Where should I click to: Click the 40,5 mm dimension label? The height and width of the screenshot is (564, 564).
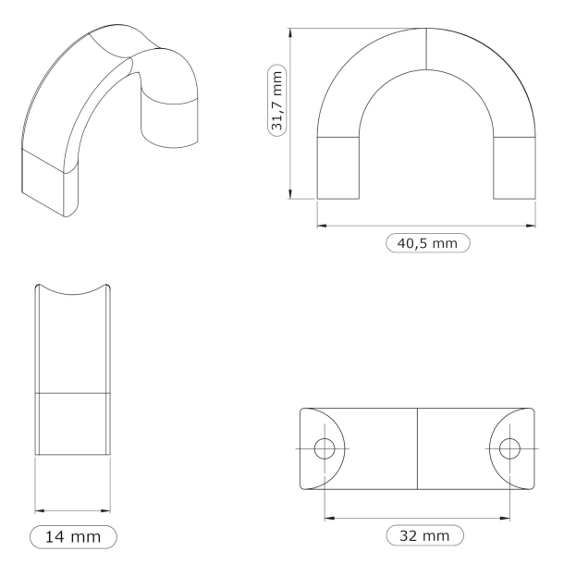tap(426, 243)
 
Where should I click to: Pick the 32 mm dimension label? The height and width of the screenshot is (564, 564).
tap(423, 535)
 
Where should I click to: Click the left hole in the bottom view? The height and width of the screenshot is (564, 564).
tap(324, 448)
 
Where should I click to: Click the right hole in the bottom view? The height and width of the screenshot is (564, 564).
tap(509, 448)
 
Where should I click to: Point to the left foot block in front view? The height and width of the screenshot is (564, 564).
tap(338, 167)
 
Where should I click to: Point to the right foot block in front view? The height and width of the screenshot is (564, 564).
tap(515, 167)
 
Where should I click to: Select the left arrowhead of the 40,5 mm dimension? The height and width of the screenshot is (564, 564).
tap(321, 223)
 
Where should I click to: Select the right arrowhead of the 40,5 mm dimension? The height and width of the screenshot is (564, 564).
tap(533, 223)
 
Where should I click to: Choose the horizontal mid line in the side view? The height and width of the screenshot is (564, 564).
tap(73, 393)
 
